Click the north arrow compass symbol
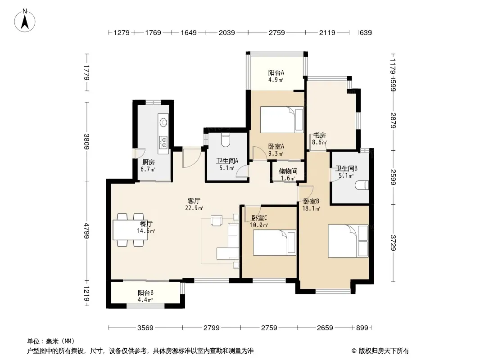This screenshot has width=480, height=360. [x=25, y=20]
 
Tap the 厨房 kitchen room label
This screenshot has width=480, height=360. [x=149, y=162]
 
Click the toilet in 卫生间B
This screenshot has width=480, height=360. [x=362, y=185]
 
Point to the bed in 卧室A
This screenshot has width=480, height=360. [x=282, y=120]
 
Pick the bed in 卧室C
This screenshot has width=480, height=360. [x=275, y=243]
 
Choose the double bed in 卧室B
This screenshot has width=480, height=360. [x=348, y=241]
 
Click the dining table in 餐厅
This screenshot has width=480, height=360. [x=131, y=229]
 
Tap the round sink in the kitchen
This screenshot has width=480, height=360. [x=163, y=122]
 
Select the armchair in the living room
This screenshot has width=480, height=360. [x=217, y=220]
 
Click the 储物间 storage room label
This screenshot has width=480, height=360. [x=288, y=171]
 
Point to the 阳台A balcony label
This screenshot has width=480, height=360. [x=276, y=72]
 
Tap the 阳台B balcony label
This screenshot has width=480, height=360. [x=145, y=292]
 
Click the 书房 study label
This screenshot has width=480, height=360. [x=319, y=135]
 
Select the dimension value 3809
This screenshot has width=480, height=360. [x=86, y=142]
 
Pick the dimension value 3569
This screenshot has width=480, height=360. [x=145, y=328]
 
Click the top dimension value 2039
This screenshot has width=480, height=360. [x=227, y=32]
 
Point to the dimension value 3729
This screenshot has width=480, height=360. [x=394, y=243]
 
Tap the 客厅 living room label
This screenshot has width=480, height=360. [x=194, y=201]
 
